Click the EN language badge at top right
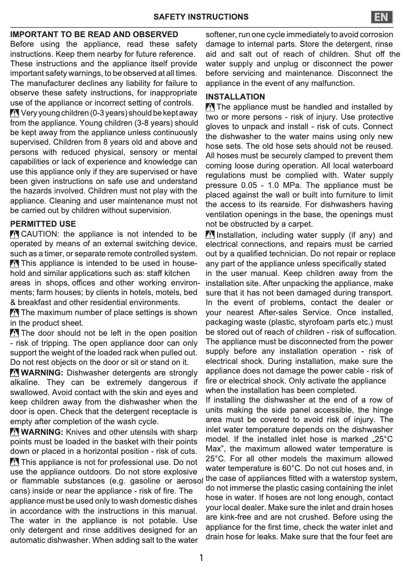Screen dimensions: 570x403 click(382, 17)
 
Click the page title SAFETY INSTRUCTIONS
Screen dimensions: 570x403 click(201, 17)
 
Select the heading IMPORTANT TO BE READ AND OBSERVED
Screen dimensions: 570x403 click(94, 35)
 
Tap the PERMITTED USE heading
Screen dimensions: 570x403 click(43, 224)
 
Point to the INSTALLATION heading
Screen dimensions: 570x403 click(236, 97)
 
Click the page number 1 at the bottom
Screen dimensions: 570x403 click(201, 557)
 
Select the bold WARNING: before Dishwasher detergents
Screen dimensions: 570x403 click(42, 372)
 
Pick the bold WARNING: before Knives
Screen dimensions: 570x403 click(42, 432)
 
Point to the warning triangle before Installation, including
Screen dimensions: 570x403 click(210, 235)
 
